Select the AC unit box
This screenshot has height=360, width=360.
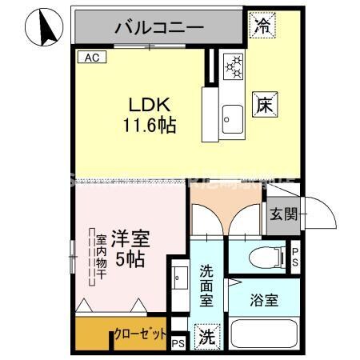coord(90,58)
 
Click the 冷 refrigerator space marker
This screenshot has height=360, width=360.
coord(261,25)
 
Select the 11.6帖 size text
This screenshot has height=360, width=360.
coord(150,125)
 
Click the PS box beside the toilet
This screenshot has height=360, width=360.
coord(294,256)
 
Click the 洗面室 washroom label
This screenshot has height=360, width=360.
coord(206,285)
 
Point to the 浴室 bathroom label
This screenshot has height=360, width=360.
coord(263,301)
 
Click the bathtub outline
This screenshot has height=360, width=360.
coord(264,335)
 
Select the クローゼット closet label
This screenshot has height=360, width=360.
coord(140,334)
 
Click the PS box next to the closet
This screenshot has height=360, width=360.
coord(178,344)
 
